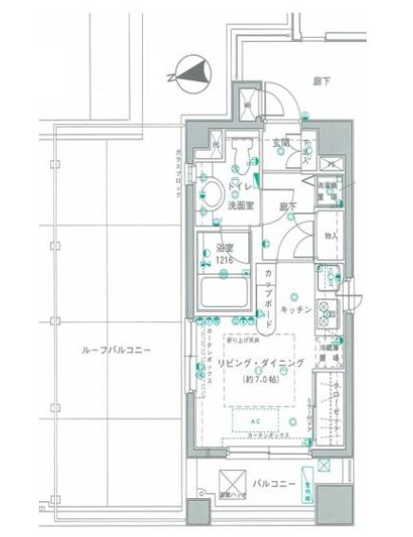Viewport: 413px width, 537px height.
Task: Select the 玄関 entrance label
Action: pos(280,143)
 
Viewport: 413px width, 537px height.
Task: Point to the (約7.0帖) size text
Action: pos(260,380)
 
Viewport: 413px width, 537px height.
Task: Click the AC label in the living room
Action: pos(254,418)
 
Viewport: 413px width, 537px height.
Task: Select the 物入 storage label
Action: pos(331,237)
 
